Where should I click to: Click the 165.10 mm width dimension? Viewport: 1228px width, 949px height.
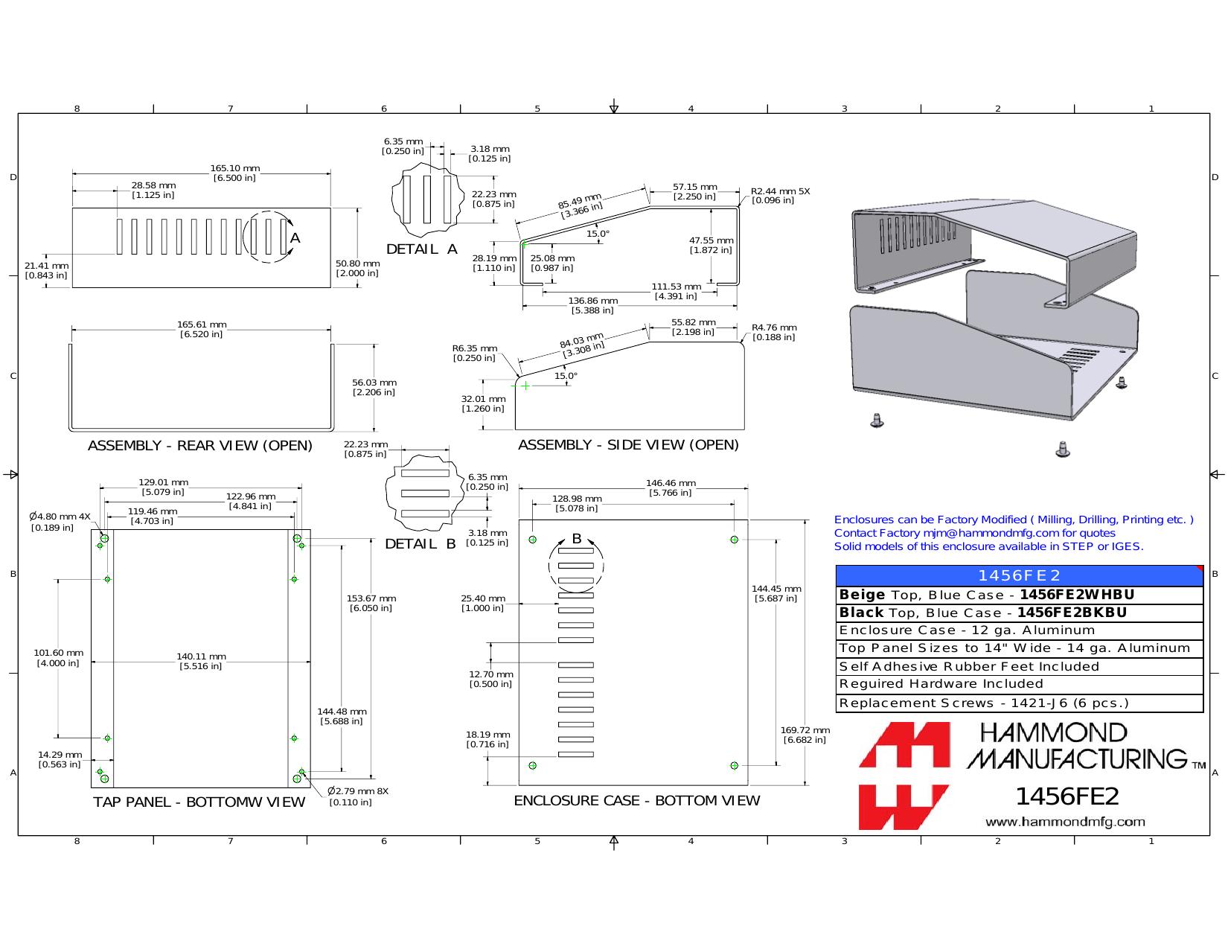pyautogui.click(x=234, y=173)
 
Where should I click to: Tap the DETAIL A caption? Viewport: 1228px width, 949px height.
pyautogui.click(x=421, y=249)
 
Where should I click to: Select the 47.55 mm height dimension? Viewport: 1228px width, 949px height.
pyautogui.click(x=711, y=246)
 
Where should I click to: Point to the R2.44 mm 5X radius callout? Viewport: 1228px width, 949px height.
pyautogui.click(x=780, y=196)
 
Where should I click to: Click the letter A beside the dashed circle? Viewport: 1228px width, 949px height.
pyautogui.click(x=295, y=238)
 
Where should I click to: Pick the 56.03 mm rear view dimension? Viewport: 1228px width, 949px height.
pyautogui.click(x=374, y=387)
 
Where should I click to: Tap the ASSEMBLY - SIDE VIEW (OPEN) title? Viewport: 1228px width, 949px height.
pyautogui.click(x=628, y=445)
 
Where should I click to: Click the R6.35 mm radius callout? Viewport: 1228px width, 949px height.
pyautogui.click(x=475, y=354)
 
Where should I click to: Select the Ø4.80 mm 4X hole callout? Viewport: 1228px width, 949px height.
pyautogui.click(x=60, y=522)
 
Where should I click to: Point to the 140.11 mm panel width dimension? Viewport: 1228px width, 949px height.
pyautogui.click(x=201, y=661)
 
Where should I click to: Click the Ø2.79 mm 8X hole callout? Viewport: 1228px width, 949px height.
pyautogui.click(x=358, y=796)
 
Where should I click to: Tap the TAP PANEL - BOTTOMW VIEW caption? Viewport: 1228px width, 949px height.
pyautogui.click(x=199, y=802)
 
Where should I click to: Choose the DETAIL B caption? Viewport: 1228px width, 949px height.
pyautogui.click(x=420, y=544)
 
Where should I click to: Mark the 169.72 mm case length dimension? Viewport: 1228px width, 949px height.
pyautogui.click(x=805, y=735)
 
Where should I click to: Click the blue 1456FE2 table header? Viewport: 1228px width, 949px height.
pyautogui.click(x=1020, y=575)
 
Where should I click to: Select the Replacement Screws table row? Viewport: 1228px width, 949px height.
pyautogui.click(x=1020, y=703)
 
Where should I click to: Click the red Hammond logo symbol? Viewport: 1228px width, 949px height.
pyautogui.click(x=904, y=776)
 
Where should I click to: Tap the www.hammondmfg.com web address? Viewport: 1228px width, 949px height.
pyautogui.click(x=1065, y=822)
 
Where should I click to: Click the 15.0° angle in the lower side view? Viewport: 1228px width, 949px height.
pyautogui.click(x=566, y=376)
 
